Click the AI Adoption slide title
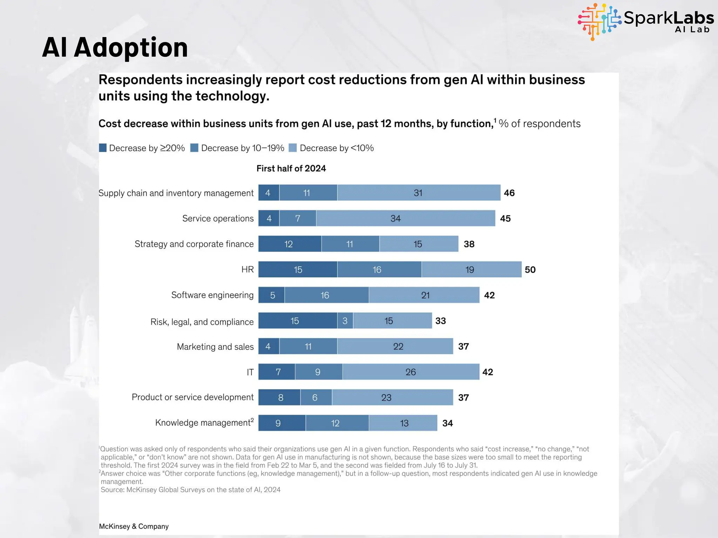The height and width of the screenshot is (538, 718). (x=115, y=48)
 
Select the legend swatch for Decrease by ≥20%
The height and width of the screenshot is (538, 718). (x=103, y=148)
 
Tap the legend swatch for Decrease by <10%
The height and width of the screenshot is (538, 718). (x=292, y=148)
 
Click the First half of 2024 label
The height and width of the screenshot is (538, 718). (x=291, y=168)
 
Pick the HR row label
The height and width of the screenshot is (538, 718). (x=247, y=269)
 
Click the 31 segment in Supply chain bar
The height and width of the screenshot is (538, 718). (x=419, y=193)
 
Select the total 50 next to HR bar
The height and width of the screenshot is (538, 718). (x=530, y=269)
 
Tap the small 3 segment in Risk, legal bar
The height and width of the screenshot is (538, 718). (x=345, y=320)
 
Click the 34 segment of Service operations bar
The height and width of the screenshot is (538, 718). (x=405, y=218)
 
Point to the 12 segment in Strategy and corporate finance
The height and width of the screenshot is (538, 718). (x=290, y=244)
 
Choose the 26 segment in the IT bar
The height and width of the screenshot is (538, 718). (x=411, y=372)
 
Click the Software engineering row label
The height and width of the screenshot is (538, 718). (x=212, y=295)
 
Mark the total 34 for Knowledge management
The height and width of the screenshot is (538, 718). (x=447, y=423)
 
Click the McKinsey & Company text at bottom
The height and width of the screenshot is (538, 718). (x=134, y=526)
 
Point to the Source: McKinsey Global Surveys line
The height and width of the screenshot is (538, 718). (x=190, y=490)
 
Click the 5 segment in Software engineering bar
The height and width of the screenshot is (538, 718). (x=272, y=295)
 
